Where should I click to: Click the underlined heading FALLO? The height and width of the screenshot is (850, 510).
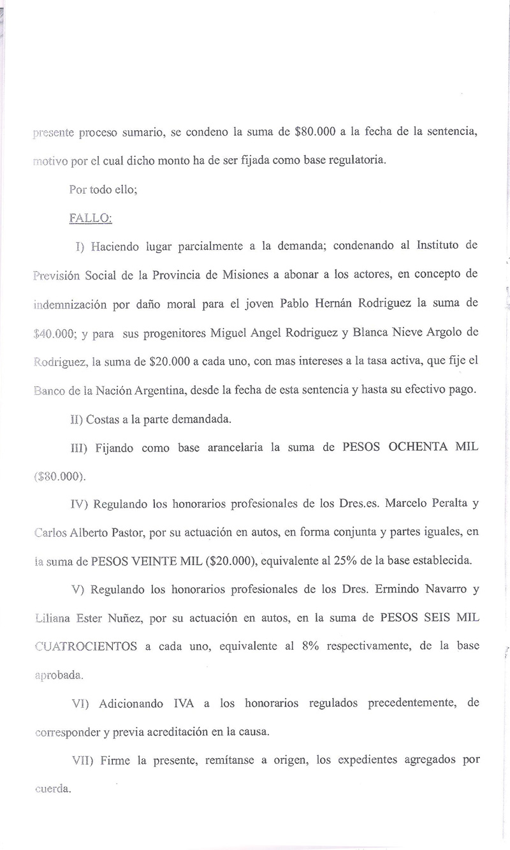click(90, 218)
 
